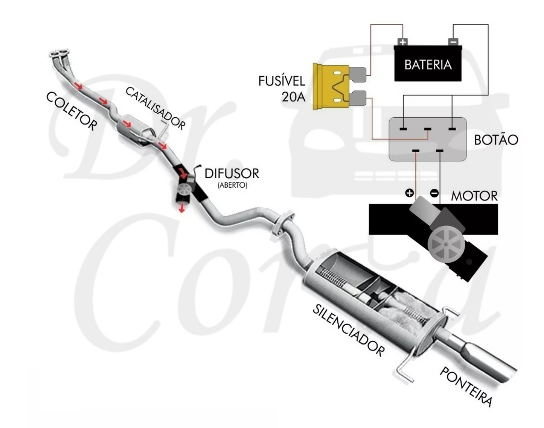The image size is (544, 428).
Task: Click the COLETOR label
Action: click(x=72, y=111)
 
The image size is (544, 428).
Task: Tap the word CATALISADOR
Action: click(x=155, y=108)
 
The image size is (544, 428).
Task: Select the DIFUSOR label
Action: click(x=232, y=174)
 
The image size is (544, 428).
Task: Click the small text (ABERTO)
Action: click(x=232, y=185)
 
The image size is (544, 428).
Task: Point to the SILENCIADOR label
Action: click(x=349, y=331)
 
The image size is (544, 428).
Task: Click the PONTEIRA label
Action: click(x=466, y=386)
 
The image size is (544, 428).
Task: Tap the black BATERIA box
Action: click(x=428, y=64)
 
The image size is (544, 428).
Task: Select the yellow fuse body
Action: click(x=331, y=87)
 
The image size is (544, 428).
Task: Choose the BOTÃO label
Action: click(x=496, y=140)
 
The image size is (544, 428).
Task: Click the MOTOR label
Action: click(x=474, y=196)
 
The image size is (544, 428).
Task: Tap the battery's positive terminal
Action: click(x=403, y=42)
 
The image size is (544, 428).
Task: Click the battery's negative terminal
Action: click(x=453, y=42)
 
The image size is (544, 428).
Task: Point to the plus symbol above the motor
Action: click(x=409, y=193)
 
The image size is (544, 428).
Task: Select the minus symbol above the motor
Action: click(x=434, y=193)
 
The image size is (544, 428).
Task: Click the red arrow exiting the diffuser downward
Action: click(x=182, y=207)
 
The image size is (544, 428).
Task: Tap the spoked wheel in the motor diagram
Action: click(x=446, y=244)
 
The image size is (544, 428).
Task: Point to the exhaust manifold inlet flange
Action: click(x=59, y=53)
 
